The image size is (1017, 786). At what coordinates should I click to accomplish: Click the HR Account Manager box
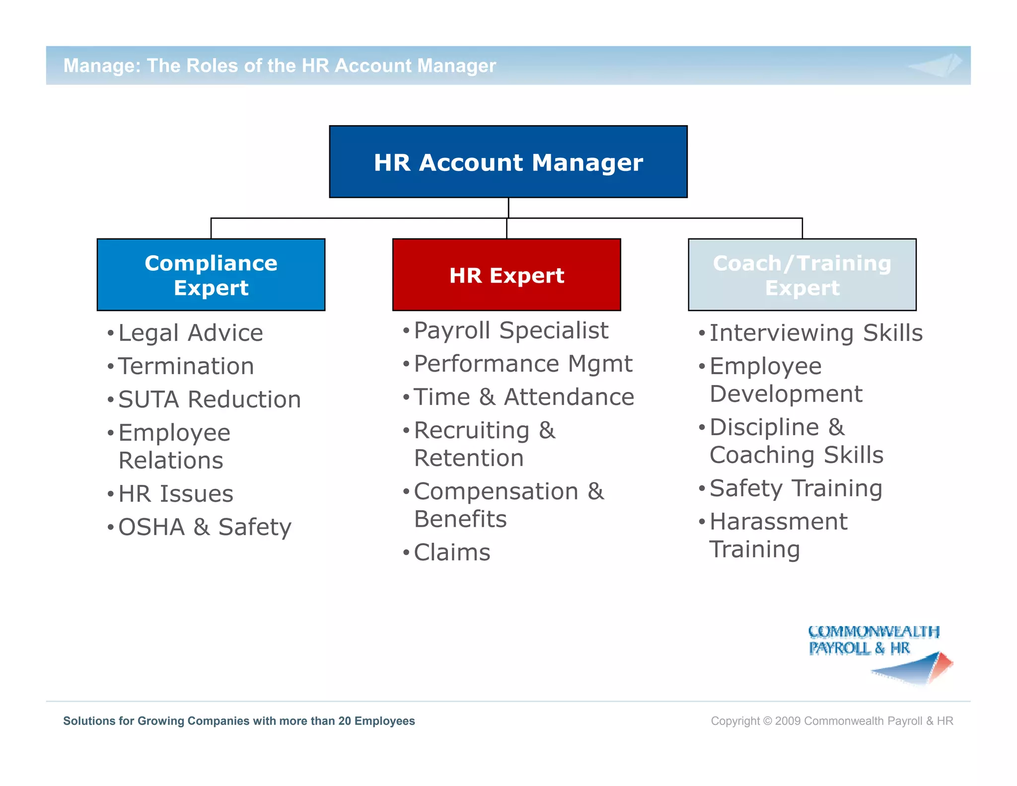click(508, 162)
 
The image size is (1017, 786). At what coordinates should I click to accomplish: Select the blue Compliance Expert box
click(211, 275)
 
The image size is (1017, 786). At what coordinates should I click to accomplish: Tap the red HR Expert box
click(507, 275)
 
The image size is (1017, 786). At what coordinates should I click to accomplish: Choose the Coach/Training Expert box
click(802, 275)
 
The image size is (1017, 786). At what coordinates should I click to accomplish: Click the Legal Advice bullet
click(191, 333)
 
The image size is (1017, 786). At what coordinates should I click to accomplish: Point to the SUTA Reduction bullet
click(210, 399)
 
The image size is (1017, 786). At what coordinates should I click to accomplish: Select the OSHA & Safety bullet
click(205, 527)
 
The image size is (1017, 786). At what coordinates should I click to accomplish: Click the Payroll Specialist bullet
click(511, 330)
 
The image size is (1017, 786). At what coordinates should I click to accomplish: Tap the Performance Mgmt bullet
click(523, 364)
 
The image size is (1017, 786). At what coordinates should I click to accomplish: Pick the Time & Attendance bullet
click(524, 397)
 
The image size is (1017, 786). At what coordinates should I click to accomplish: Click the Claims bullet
click(452, 552)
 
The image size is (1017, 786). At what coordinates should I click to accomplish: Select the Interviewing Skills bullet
click(816, 333)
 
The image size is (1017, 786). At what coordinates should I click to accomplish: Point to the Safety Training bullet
click(796, 488)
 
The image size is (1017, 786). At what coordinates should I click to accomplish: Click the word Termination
click(186, 367)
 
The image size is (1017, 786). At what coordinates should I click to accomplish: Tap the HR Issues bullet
click(176, 494)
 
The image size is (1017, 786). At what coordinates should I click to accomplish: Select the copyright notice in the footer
click(832, 721)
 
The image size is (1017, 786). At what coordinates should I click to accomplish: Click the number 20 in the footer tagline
click(345, 721)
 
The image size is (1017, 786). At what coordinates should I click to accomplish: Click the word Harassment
click(779, 522)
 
